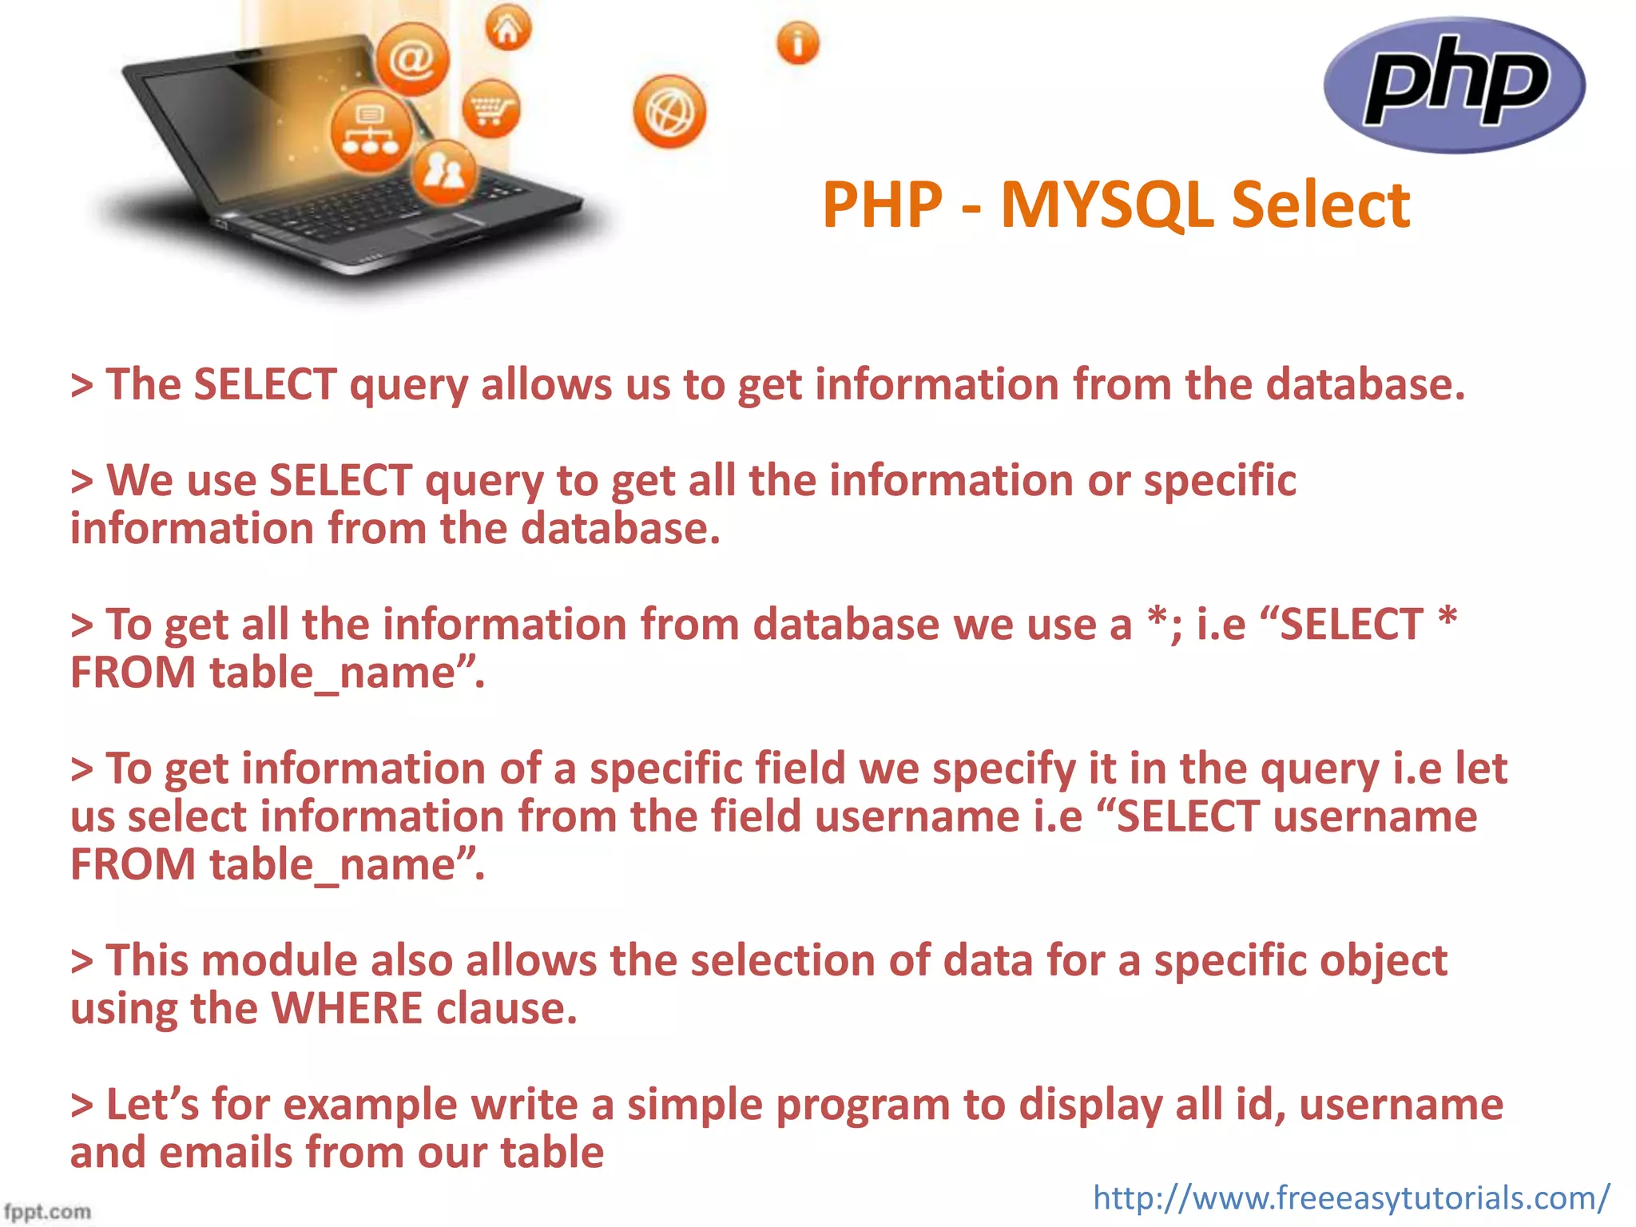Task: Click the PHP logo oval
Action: pyautogui.click(x=1454, y=85)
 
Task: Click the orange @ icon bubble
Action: pyautogui.click(x=412, y=60)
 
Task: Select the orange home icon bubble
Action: pyautogui.click(x=508, y=29)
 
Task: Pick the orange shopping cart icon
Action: pyautogui.click(x=490, y=109)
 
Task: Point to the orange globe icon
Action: pyautogui.click(x=669, y=113)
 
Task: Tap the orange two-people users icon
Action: pyautogui.click(x=444, y=170)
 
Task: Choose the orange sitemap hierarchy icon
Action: pyautogui.click(x=371, y=133)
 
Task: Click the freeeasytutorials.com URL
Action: pyautogui.click(x=1351, y=1197)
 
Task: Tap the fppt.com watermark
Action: pyautogui.click(x=47, y=1211)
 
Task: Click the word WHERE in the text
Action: pyautogui.click(x=347, y=1008)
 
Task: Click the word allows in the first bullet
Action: pyautogui.click(x=546, y=385)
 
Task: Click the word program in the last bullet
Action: pyautogui.click(x=862, y=1106)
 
